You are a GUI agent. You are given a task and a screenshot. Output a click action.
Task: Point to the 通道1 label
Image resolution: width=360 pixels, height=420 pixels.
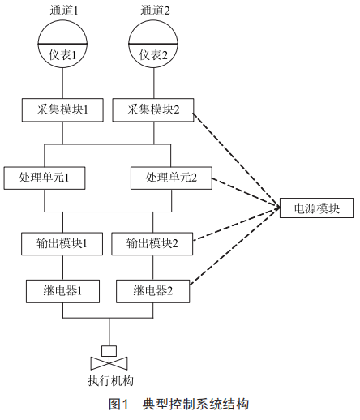click(x=64, y=11)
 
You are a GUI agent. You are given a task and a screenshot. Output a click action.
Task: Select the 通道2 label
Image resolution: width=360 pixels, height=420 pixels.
click(x=155, y=11)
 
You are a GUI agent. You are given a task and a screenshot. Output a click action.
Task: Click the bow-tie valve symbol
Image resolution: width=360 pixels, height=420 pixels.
click(x=109, y=363)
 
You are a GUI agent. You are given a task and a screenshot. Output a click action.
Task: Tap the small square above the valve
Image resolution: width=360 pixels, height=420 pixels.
click(x=109, y=351)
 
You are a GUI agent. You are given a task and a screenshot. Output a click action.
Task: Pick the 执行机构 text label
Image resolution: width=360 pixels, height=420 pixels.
click(x=110, y=380)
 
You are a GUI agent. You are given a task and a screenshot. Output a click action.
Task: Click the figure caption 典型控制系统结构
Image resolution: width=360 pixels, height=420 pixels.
click(x=195, y=405)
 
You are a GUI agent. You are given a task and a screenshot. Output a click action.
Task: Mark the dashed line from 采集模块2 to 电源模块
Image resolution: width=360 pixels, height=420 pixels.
click(x=237, y=161)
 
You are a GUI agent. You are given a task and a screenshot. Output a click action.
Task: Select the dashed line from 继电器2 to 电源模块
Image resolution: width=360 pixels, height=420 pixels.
click(x=235, y=246)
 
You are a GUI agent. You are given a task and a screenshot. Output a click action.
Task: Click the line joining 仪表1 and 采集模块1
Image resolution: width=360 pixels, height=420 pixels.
click(x=62, y=84)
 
